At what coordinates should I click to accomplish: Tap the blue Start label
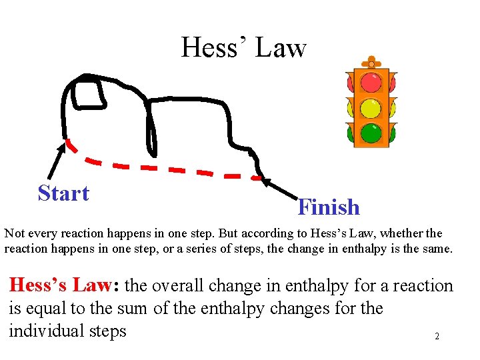(x=63, y=193)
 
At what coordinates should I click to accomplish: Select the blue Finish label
(x=329, y=207)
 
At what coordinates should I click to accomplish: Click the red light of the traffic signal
(x=371, y=83)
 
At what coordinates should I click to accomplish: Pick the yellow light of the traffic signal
(x=371, y=108)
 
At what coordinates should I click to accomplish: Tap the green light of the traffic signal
(x=371, y=133)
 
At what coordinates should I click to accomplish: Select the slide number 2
(x=437, y=337)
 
